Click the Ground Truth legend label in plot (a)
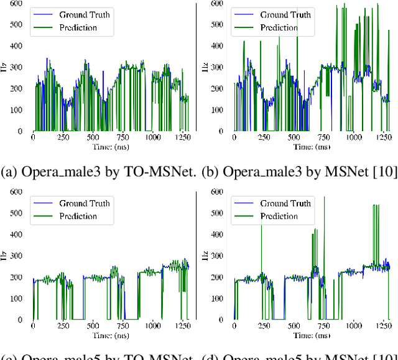85,15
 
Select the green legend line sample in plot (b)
244,28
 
